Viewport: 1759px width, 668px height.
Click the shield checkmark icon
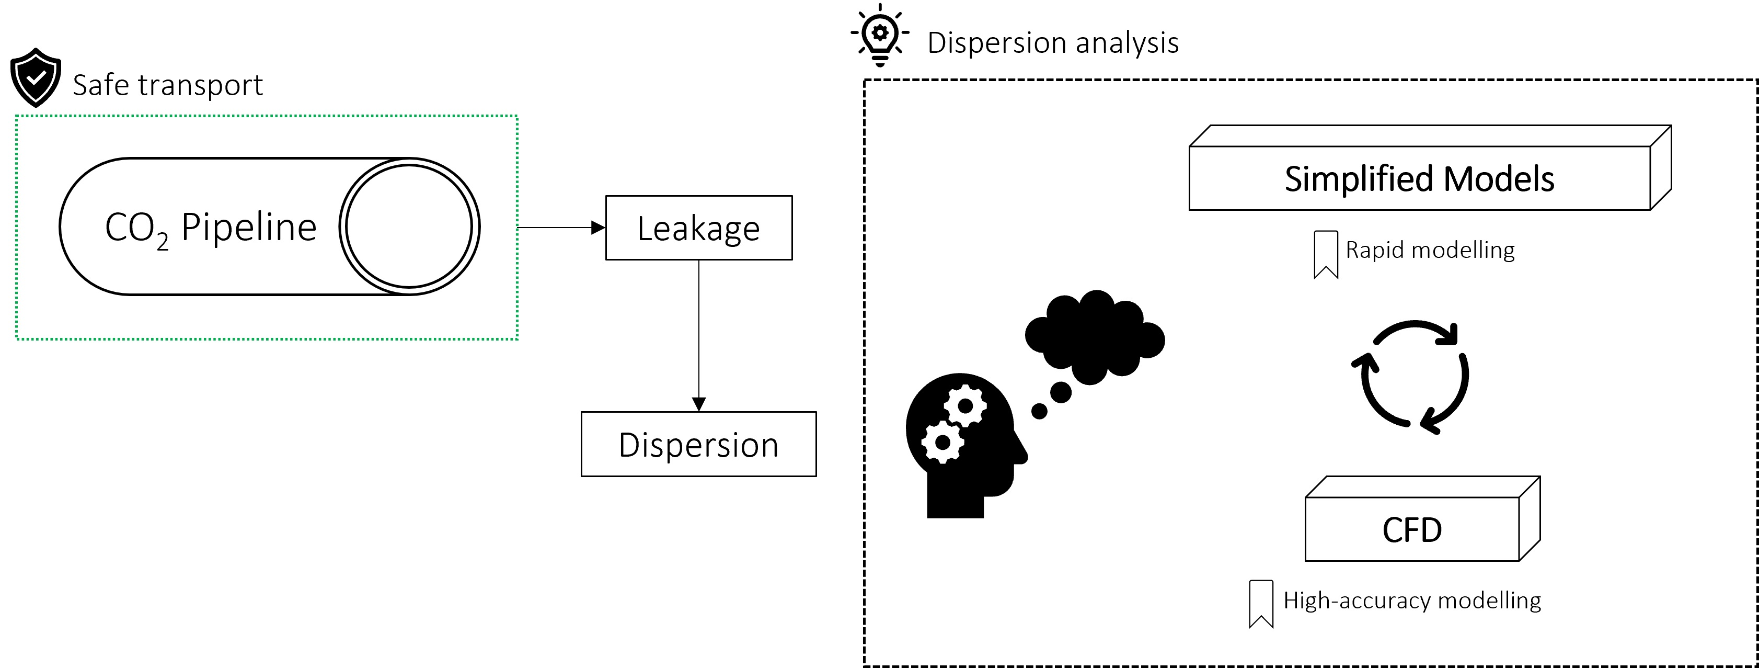click(x=36, y=77)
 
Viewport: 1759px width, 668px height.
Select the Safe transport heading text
click(x=167, y=85)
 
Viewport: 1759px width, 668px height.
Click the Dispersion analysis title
click(x=1052, y=43)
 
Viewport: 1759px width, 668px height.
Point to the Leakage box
click(x=698, y=228)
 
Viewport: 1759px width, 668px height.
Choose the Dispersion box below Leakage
click(x=698, y=445)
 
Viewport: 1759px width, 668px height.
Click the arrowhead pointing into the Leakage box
click(x=598, y=228)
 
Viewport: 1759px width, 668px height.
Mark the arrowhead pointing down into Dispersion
click(x=698, y=404)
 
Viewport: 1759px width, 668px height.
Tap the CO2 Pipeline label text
click(x=210, y=228)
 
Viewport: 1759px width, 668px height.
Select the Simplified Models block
click(x=1419, y=179)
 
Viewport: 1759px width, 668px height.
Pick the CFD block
click(x=1411, y=529)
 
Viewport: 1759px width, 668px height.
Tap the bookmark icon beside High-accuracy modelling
click(x=1260, y=603)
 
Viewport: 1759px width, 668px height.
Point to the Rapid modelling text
click(x=1430, y=250)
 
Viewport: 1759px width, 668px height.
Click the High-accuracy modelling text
click(x=1411, y=601)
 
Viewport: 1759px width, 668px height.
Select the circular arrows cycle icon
click(x=1410, y=377)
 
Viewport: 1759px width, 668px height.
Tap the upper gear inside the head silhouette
click(x=965, y=406)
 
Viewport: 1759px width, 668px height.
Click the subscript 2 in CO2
click(x=162, y=241)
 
